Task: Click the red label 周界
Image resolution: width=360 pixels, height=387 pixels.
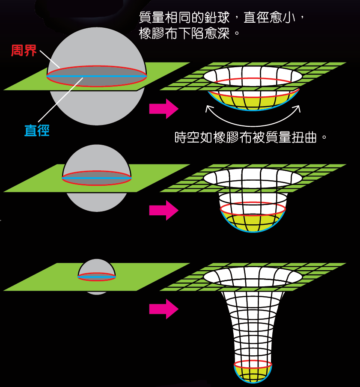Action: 24,51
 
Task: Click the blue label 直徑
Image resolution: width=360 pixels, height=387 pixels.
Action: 37,130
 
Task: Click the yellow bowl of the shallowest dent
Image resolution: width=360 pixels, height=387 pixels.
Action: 253,103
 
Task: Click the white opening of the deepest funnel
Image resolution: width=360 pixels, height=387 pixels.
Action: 253,277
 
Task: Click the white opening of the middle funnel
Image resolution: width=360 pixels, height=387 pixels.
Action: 253,177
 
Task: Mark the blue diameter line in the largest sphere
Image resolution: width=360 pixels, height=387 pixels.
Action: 96,76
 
